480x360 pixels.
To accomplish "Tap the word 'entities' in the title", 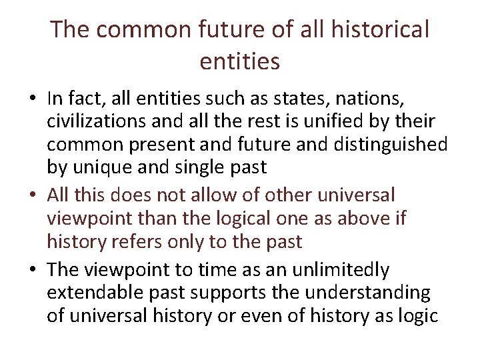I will click(x=239, y=61).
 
